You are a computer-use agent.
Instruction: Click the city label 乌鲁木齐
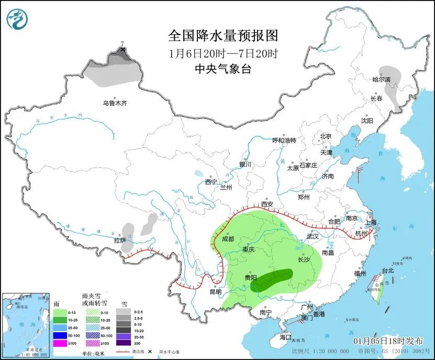pos(115,103)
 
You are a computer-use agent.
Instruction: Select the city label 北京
pos(326,136)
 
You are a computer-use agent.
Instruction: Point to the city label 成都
pos(228,238)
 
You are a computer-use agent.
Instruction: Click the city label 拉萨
pos(120,241)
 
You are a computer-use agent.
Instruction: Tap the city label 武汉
pos(313,236)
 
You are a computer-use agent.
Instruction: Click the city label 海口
pos(285,337)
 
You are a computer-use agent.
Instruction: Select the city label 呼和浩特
pos(284,140)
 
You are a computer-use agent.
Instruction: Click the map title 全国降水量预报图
pos(222,36)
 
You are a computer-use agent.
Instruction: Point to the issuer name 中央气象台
pos(222,69)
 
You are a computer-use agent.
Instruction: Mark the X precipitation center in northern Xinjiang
pos(122,49)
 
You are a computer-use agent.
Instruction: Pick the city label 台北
pos(387,271)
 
